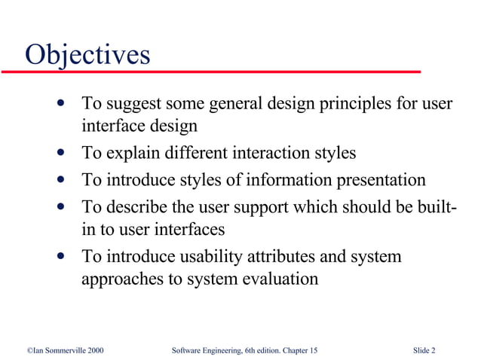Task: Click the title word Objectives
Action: click(87, 55)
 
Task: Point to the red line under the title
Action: click(211, 72)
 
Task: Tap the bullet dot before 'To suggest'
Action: click(60, 102)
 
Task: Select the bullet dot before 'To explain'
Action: click(60, 154)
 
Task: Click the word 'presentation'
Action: click(372, 181)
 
